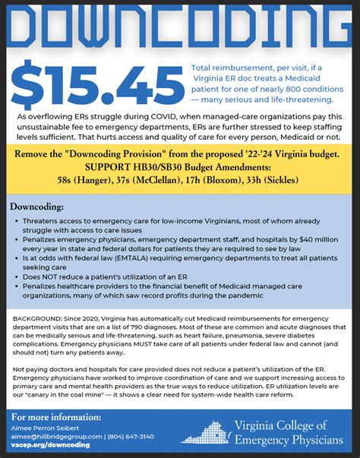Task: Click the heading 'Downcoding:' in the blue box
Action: pos(36,206)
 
